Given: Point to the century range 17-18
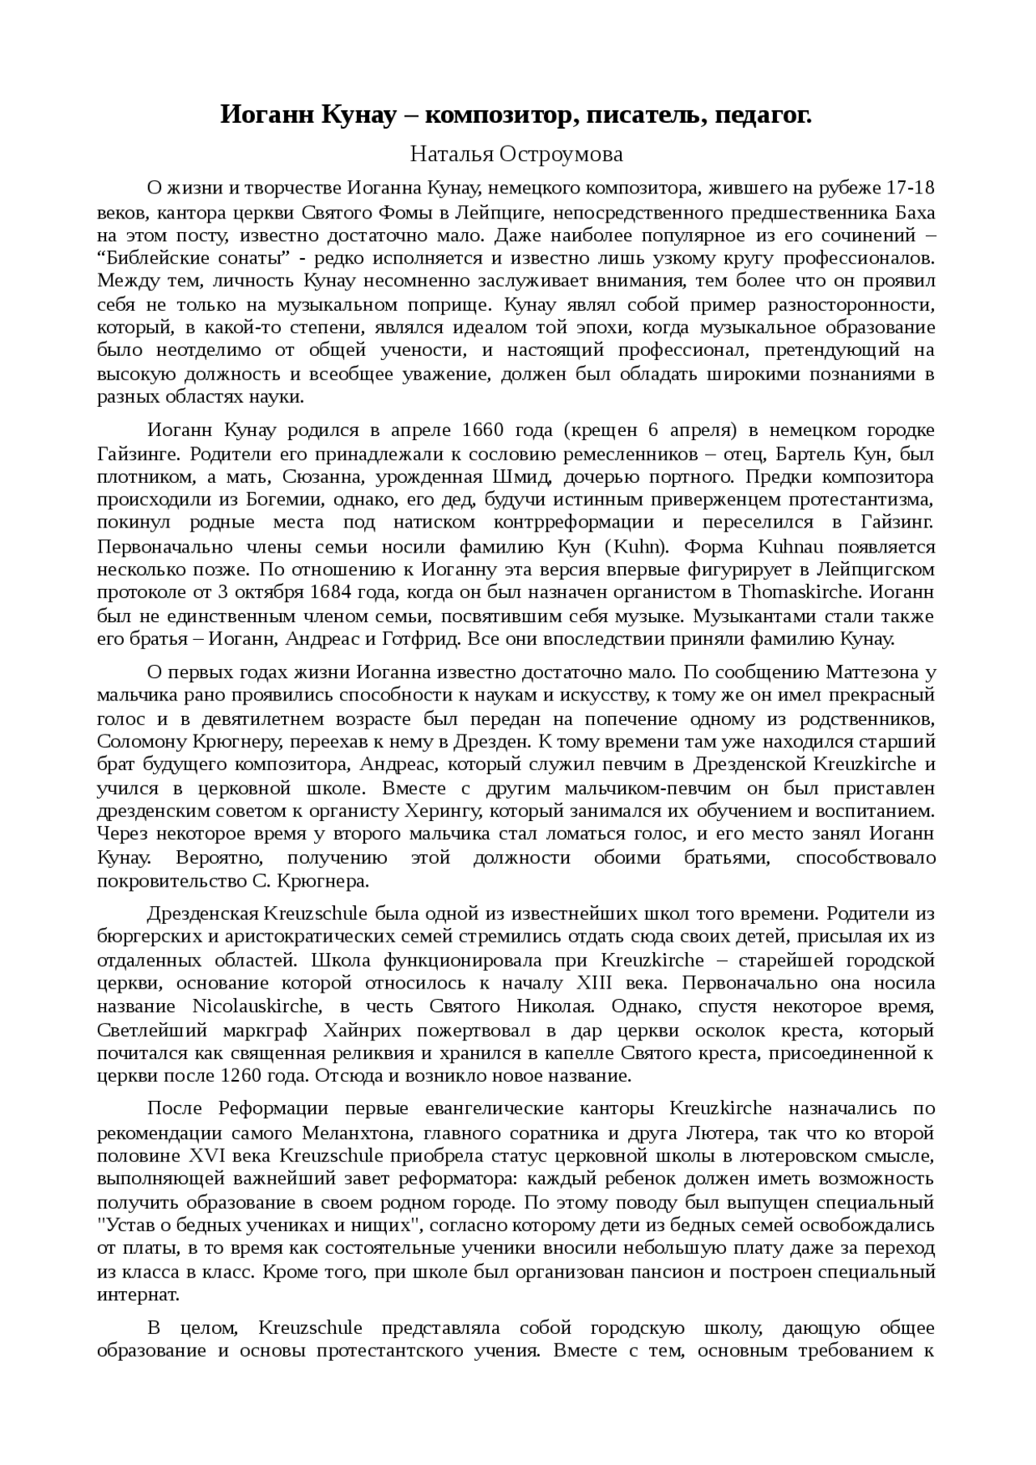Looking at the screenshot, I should pyautogui.click(x=911, y=188).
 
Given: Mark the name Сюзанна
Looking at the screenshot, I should pyautogui.click(x=319, y=476).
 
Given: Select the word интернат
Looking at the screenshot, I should pyautogui.click(x=137, y=1295).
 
